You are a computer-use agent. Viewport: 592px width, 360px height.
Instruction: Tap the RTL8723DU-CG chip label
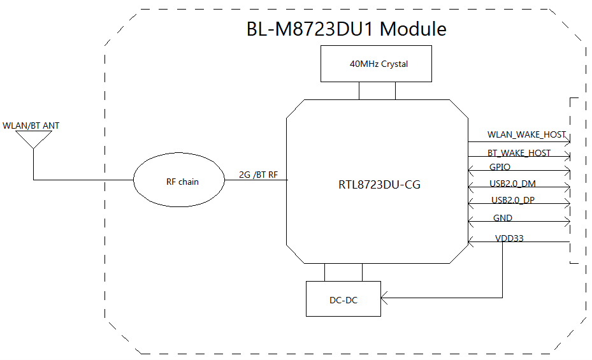(x=379, y=185)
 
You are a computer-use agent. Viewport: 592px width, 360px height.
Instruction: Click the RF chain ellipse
(x=178, y=182)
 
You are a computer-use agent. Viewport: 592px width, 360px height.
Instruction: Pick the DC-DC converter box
(x=343, y=299)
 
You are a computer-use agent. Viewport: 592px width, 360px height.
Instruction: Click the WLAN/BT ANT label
(x=31, y=126)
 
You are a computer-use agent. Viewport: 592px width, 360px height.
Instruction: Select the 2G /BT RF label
(x=258, y=174)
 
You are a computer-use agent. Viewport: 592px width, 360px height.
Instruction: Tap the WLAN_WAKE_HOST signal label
(x=526, y=134)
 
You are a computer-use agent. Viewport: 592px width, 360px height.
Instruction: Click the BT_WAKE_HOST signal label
(x=519, y=153)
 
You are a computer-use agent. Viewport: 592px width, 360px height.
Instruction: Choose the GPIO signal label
(x=500, y=167)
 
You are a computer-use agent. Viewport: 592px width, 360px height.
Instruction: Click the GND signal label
(x=503, y=218)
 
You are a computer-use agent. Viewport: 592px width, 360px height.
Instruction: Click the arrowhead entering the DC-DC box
(x=384, y=298)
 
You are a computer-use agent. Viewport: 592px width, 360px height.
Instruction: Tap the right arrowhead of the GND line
(x=567, y=222)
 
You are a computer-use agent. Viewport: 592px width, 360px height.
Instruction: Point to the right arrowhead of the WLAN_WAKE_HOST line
(x=567, y=141)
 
